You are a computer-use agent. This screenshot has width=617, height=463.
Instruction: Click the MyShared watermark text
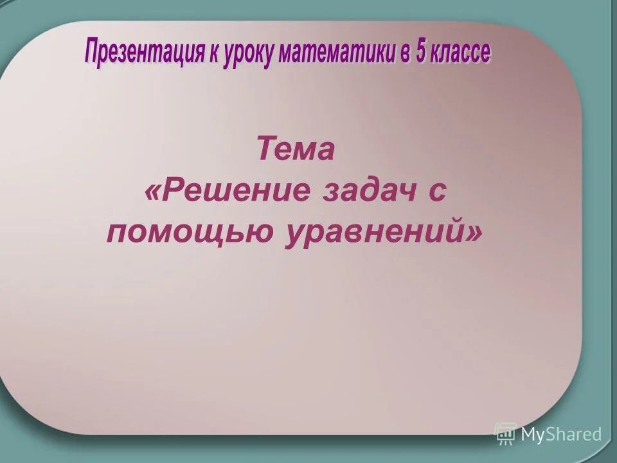(x=561, y=434)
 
